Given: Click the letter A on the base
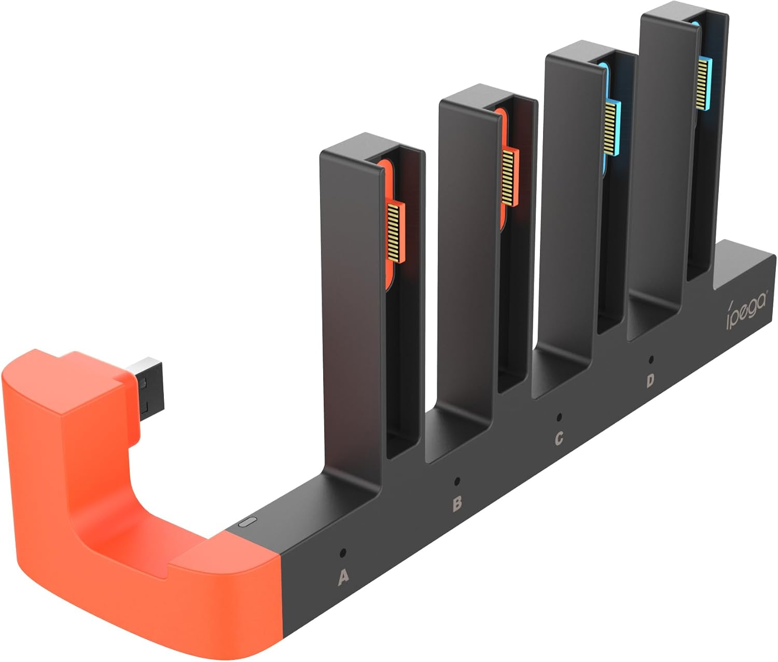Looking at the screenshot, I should pyautogui.click(x=342, y=578).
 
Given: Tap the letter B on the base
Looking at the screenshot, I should pyautogui.click(x=457, y=503).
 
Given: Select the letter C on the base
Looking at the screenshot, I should pyautogui.click(x=559, y=438).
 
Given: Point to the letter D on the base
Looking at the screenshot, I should pyautogui.click(x=650, y=381).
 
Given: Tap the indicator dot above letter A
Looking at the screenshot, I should pyautogui.click(x=342, y=553).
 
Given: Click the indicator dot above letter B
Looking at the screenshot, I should pyautogui.click(x=457, y=481).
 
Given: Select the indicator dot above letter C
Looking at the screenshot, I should pyautogui.click(x=559, y=417).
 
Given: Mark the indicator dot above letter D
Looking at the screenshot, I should pyautogui.click(x=650, y=359).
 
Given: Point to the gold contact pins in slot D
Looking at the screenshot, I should pyautogui.click(x=704, y=83).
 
